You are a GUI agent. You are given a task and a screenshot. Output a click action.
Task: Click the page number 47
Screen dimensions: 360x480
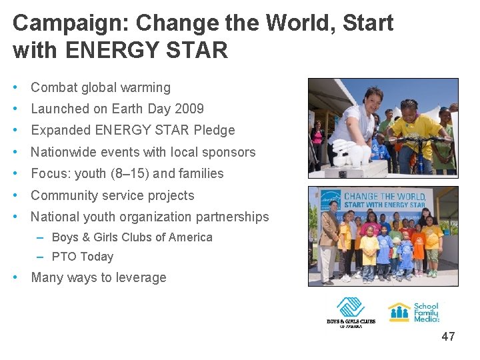coord(448,337)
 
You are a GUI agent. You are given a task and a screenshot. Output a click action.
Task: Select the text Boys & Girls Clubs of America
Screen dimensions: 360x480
coord(132,237)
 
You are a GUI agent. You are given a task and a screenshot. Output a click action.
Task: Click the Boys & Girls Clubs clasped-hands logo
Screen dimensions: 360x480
coord(350,307)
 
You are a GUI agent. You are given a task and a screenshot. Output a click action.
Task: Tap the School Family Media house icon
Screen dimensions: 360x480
coord(399,312)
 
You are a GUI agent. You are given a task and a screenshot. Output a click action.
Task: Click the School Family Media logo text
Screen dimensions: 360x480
coord(427,312)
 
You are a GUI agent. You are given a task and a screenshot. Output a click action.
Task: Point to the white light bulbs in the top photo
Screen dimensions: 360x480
coord(353,153)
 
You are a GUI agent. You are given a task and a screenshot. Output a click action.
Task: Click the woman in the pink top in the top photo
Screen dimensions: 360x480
coord(317,137)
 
